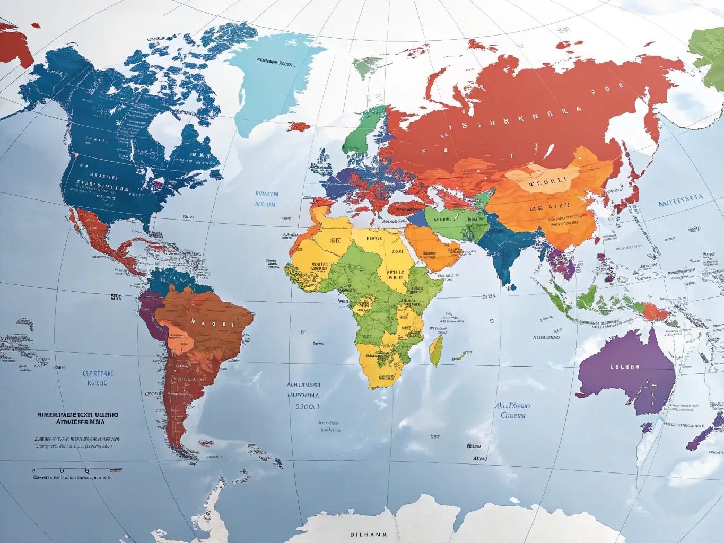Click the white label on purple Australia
tap(625, 367)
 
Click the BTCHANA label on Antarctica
tap(369, 535)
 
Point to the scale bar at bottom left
tap(77, 470)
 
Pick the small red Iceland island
tap(299, 126)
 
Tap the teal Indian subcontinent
tap(504, 249)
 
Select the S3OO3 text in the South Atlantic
tap(308, 407)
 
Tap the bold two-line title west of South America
tap(78, 418)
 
